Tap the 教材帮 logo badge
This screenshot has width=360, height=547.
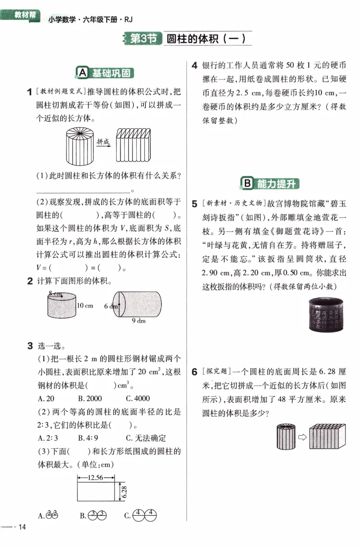click(x=25, y=15)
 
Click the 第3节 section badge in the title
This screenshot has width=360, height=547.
click(x=143, y=39)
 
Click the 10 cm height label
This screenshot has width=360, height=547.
click(x=85, y=305)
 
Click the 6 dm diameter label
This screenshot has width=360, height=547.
click(x=110, y=306)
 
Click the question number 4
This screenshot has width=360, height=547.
click(x=194, y=66)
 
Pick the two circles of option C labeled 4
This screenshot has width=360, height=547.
click(x=144, y=515)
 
